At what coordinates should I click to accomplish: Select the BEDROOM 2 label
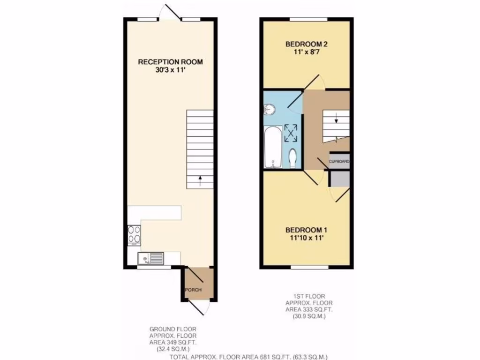[306, 45]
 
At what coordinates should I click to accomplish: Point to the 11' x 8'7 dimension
[306, 52]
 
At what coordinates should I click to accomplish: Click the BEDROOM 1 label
[306, 230]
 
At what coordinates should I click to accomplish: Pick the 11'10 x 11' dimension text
[306, 238]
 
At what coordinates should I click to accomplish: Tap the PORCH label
[193, 290]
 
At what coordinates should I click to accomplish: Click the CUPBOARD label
[339, 161]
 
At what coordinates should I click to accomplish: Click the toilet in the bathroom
[292, 158]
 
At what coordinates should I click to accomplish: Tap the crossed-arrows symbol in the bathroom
[292, 133]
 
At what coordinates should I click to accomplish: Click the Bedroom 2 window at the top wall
[307, 19]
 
